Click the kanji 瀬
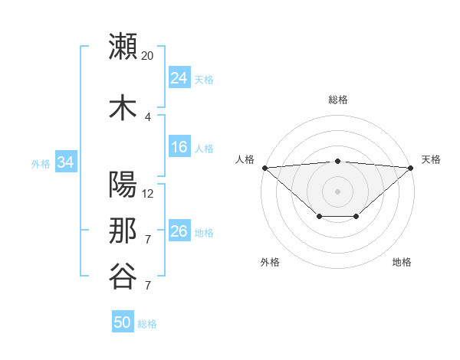[123, 46]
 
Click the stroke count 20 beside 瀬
[148, 56]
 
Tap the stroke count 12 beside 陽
[148, 194]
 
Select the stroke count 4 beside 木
[148, 116]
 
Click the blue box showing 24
[179, 78]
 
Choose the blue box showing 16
[179, 147]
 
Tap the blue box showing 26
[179, 231]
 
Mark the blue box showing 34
[65, 162]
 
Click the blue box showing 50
[123, 322]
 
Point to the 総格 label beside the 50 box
[147, 324]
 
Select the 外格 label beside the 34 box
[41, 163]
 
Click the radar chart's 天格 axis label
[431, 159]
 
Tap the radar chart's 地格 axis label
[402, 262]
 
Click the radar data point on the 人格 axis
[264, 167]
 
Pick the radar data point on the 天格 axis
[412, 167]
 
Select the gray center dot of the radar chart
[338, 191]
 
